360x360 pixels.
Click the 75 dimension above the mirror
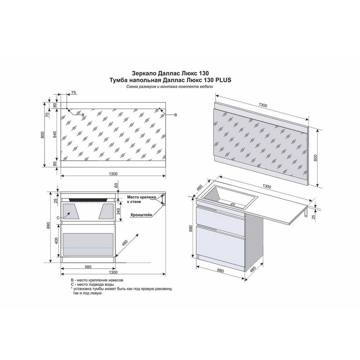click(73, 93)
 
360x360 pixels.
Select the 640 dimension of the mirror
click(54, 135)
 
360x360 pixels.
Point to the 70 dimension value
click(48, 115)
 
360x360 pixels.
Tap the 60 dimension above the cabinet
click(116, 185)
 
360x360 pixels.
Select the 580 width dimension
click(88, 267)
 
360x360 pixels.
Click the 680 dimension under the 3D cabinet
click(220, 271)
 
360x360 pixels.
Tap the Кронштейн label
click(141, 215)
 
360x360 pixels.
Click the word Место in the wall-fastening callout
click(133, 197)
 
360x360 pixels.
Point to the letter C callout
click(58, 218)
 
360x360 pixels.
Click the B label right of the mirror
click(175, 115)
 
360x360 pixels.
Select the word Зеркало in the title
click(144, 73)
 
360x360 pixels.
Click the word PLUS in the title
click(223, 80)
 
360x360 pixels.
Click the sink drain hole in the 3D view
click(233, 204)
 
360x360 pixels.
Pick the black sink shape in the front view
click(88, 200)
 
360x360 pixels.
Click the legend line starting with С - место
click(92, 285)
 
